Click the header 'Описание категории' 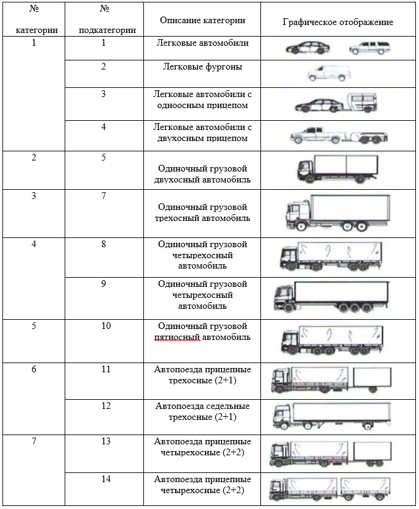coord(202,21)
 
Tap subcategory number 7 coord(104,196)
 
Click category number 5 coord(34,326)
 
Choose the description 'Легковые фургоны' coord(202,67)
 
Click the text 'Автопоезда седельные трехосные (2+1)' coord(202,411)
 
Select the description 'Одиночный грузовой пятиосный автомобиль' coord(202,331)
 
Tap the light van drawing coord(329,74)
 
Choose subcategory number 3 coord(104,94)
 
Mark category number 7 coord(34,441)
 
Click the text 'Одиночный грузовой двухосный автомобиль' coord(202,174)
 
